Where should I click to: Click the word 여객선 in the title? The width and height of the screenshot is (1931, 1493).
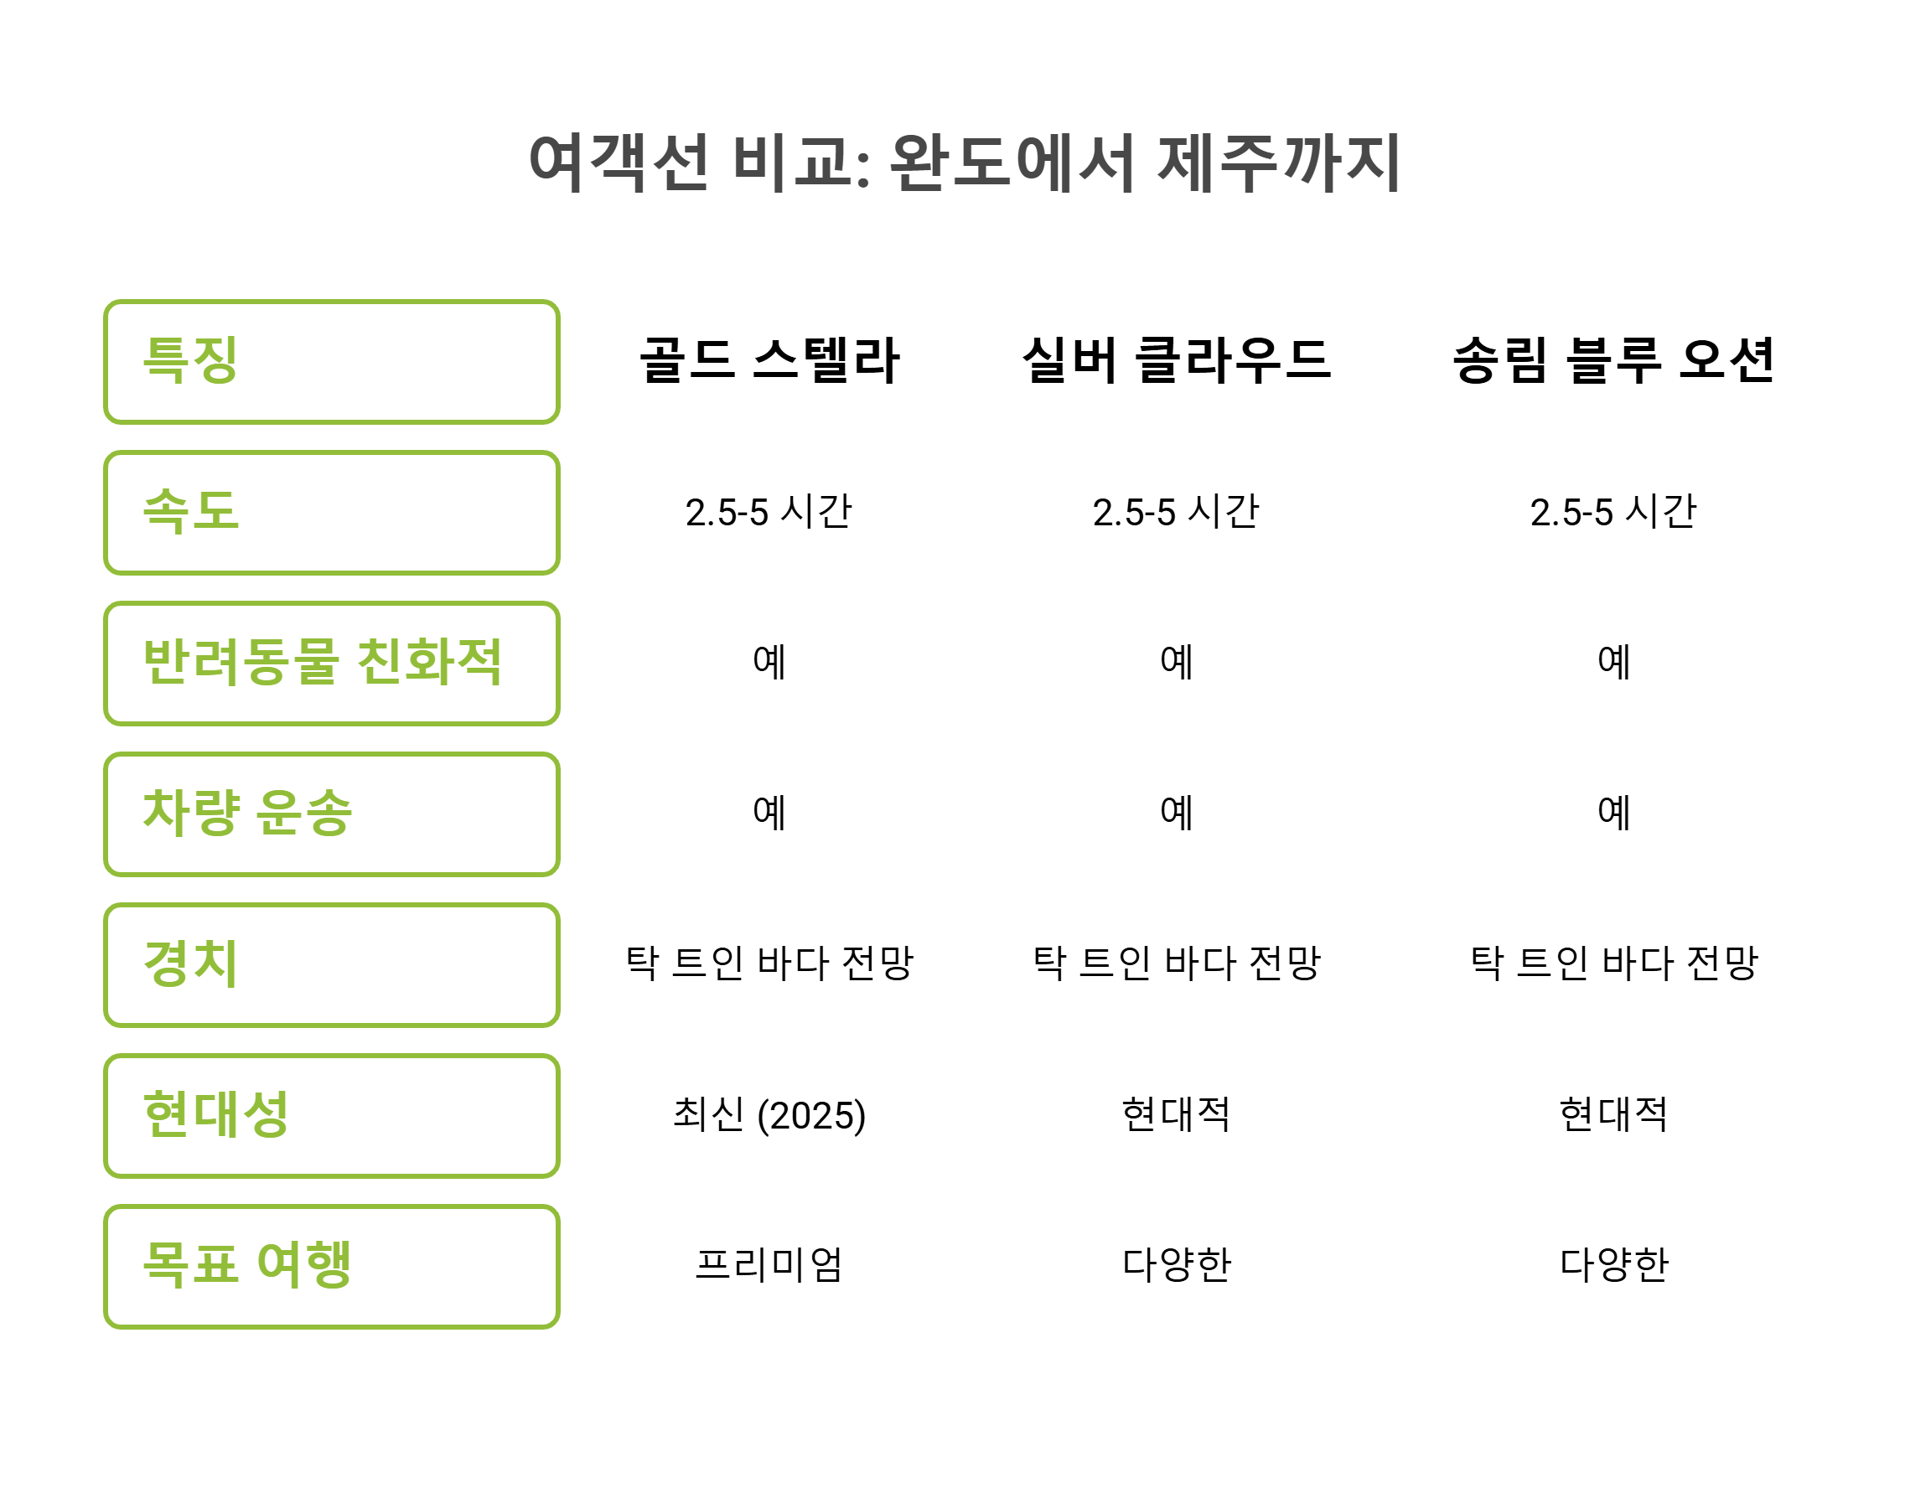click(618, 163)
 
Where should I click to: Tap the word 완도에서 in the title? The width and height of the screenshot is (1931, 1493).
click(1012, 163)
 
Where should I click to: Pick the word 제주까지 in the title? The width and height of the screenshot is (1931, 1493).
click(1278, 163)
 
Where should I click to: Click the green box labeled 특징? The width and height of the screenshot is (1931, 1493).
click(332, 362)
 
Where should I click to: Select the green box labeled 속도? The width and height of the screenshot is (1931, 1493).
click(332, 513)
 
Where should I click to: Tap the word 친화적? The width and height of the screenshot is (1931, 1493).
click(430, 662)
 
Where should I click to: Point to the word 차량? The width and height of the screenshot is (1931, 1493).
click(191, 813)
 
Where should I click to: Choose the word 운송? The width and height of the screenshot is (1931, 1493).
click(304, 813)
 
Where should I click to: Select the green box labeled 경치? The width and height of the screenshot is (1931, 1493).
click(332, 964)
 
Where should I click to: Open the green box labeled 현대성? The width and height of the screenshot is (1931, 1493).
click(332, 1115)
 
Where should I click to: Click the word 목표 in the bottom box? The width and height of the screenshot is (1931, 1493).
click(191, 1265)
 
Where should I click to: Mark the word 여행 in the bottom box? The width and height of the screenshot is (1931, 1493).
click(304, 1265)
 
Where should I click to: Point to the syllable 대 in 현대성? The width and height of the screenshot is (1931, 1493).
click(216, 1114)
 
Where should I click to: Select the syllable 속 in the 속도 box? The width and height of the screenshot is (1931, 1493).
click(166, 512)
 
